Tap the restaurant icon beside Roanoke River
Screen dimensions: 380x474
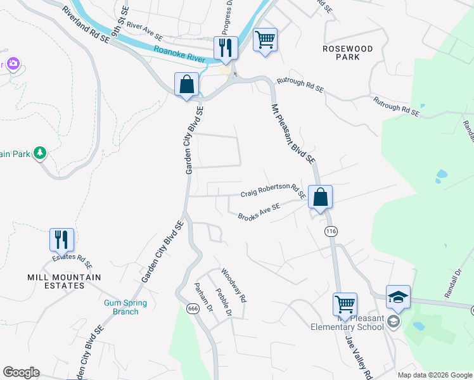click(x=225, y=49)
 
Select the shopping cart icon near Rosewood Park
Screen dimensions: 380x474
click(x=265, y=41)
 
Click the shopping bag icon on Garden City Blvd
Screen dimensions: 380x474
click(x=187, y=84)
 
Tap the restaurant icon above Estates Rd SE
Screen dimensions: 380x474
click(x=62, y=240)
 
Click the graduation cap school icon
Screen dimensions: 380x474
click(x=398, y=297)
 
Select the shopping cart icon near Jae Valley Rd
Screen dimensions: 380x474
click(x=345, y=305)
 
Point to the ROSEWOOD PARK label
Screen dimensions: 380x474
click(x=347, y=53)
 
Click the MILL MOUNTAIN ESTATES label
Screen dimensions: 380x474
click(x=64, y=281)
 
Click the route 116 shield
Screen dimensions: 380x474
click(x=331, y=232)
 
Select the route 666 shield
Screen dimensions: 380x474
click(x=193, y=308)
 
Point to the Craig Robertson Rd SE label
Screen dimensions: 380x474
click(x=272, y=192)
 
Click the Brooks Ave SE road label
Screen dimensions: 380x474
click(x=259, y=212)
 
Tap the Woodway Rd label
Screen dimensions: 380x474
click(x=232, y=285)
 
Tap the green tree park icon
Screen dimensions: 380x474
click(x=40, y=153)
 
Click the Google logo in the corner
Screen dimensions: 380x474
click(x=21, y=372)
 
